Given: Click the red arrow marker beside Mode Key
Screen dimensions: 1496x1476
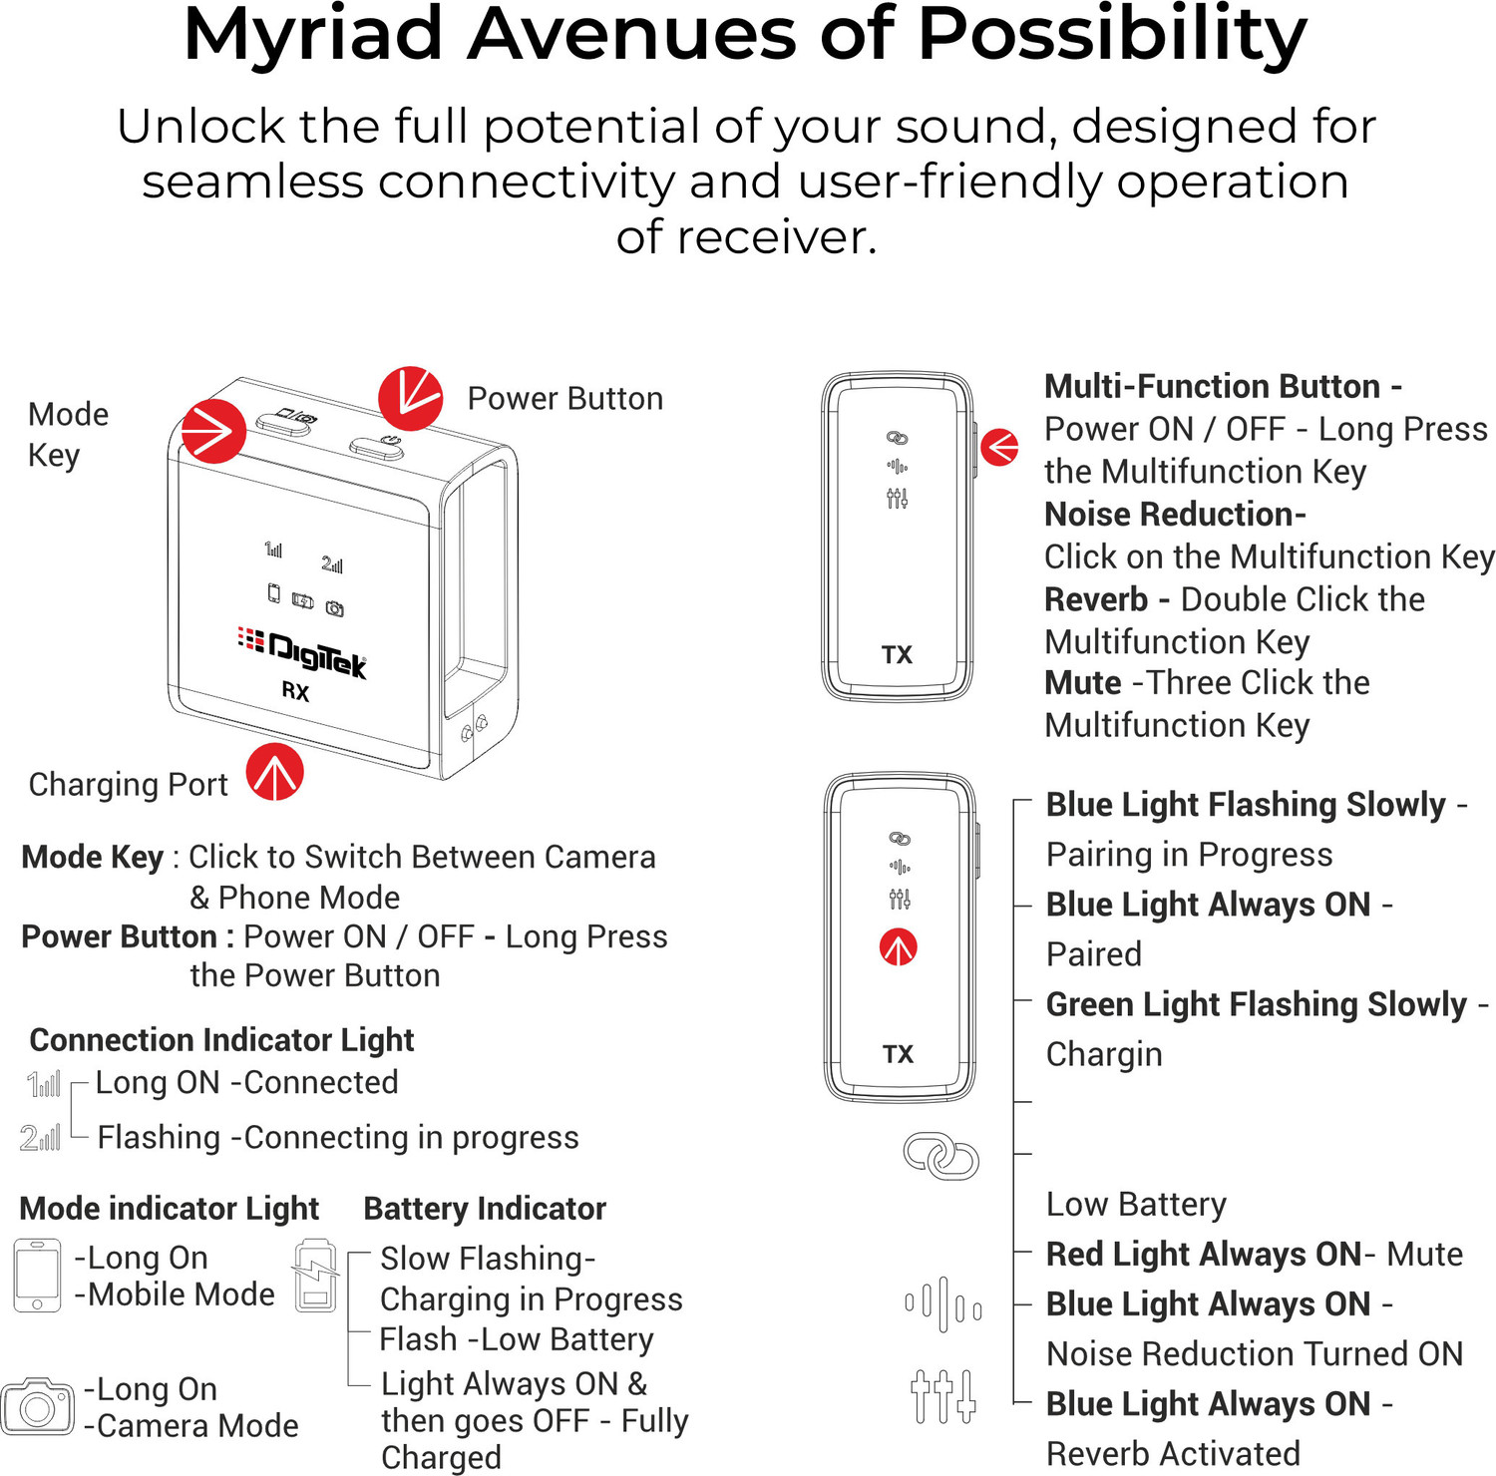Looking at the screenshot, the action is tap(213, 431).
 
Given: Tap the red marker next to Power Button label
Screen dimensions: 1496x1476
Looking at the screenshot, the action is tap(410, 398).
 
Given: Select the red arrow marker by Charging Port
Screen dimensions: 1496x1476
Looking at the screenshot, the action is tap(275, 772).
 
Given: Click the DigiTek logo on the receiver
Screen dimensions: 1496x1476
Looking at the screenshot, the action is tap(302, 652).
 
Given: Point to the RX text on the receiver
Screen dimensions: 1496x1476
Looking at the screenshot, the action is tap(295, 691).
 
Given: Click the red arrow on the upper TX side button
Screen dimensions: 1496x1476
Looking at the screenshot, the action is tap(1000, 447).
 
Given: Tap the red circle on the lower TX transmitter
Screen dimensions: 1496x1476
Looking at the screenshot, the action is tap(898, 947).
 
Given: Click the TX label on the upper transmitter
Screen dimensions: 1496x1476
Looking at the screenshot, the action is tap(897, 654).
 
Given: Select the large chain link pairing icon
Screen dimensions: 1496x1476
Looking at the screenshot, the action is tap(940, 1156).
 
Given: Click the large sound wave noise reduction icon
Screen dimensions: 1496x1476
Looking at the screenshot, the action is tap(942, 1304).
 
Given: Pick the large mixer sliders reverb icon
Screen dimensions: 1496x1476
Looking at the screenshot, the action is tap(942, 1395).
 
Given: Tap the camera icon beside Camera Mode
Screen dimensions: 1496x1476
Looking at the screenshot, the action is tap(38, 1406).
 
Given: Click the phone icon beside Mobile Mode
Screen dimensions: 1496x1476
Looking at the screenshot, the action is tap(38, 1276).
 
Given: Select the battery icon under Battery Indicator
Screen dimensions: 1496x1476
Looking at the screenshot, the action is tap(315, 1276).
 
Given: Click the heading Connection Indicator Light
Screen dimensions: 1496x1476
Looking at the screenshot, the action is tap(221, 1040).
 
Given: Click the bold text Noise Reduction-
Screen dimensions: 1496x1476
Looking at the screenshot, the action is tap(1175, 514).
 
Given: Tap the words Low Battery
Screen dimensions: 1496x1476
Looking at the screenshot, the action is tap(1136, 1205).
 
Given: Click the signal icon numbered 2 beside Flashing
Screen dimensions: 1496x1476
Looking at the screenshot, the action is tap(40, 1137).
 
